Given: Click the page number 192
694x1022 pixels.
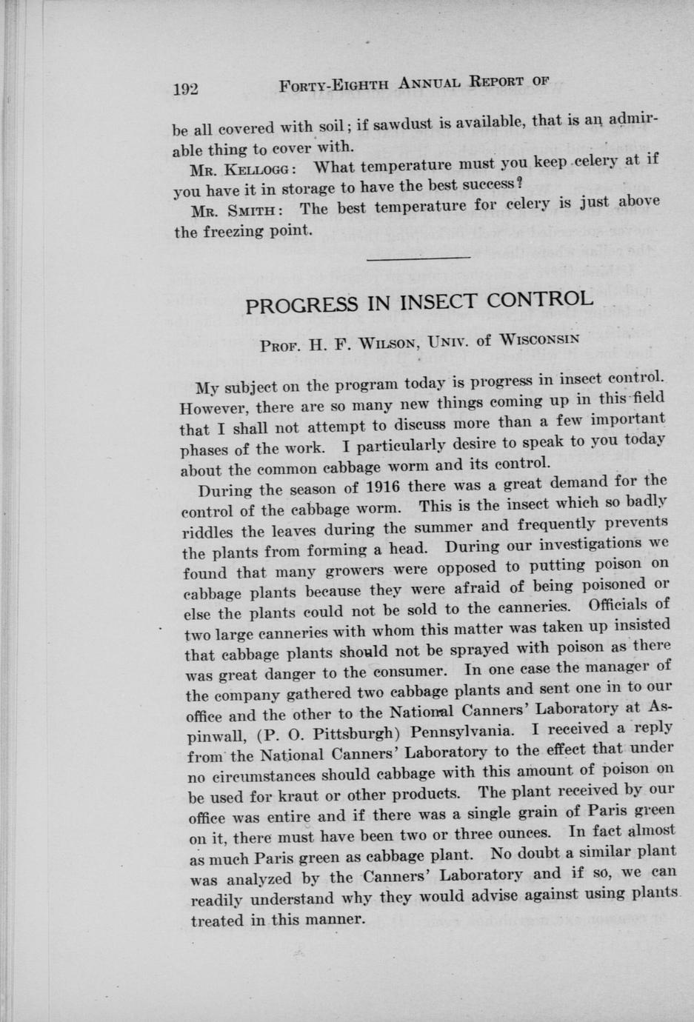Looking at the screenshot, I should point(186,88).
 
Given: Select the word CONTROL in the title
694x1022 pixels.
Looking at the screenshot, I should point(544,298).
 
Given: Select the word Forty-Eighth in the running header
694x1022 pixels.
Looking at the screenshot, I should point(333,85).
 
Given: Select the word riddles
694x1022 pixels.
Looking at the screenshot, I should point(209,532).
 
